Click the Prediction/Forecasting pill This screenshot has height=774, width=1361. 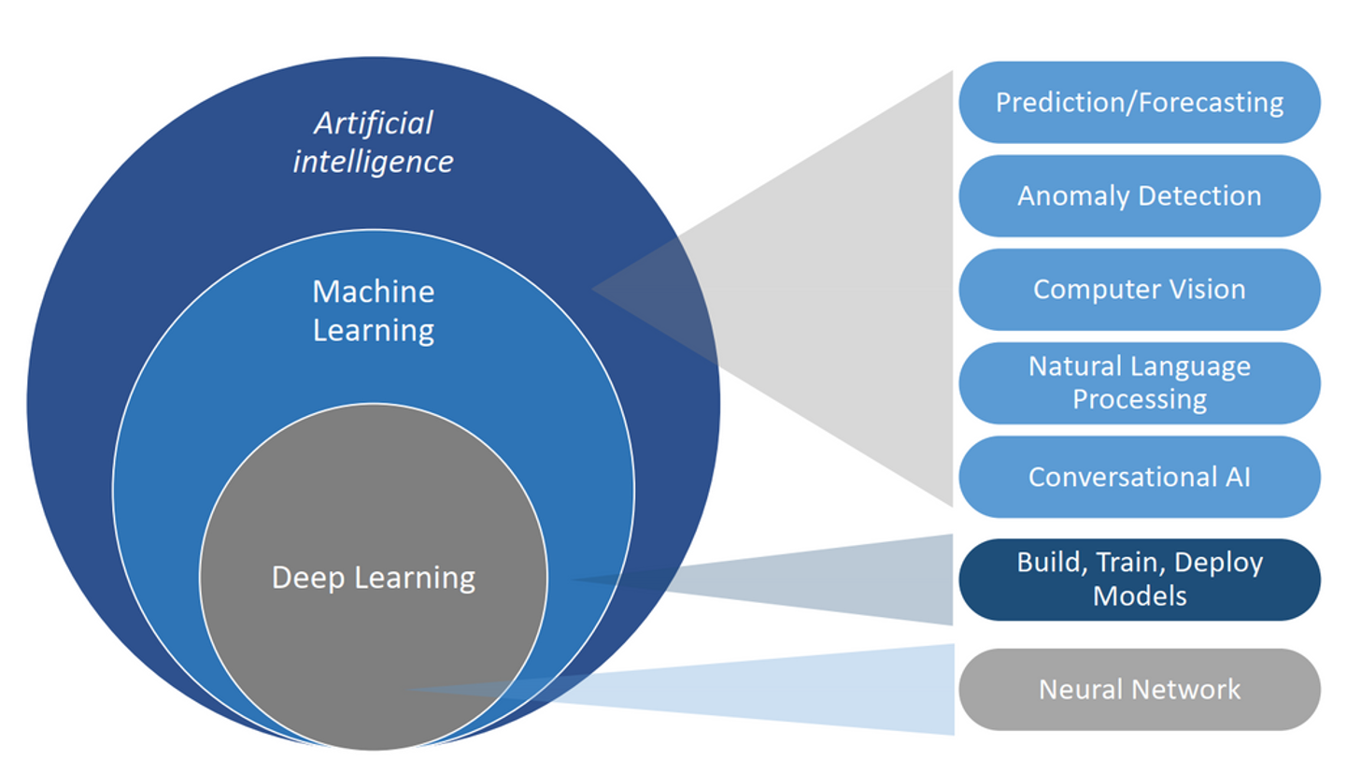tap(1139, 102)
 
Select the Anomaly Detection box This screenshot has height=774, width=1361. tap(1139, 195)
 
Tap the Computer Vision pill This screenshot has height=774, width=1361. tap(1139, 289)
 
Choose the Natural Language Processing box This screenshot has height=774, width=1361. tap(1139, 382)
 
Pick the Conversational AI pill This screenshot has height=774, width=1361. tap(1139, 477)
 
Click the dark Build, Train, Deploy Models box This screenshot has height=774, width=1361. tap(1139, 579)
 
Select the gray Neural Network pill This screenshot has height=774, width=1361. tap(1139, 689)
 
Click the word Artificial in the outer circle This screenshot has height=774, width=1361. tap(374, 122)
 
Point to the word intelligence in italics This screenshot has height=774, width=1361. tap(373, 162)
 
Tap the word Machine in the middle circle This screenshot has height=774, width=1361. tap(374, 292)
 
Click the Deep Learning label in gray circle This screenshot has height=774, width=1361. tap(374, 577)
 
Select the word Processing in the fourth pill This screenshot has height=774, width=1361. tap(1140, 399)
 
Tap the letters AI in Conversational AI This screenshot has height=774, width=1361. tap(1238, 477)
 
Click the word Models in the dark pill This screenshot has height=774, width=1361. tap(1140, 595)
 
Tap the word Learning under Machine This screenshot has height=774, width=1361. tap(374, 330)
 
